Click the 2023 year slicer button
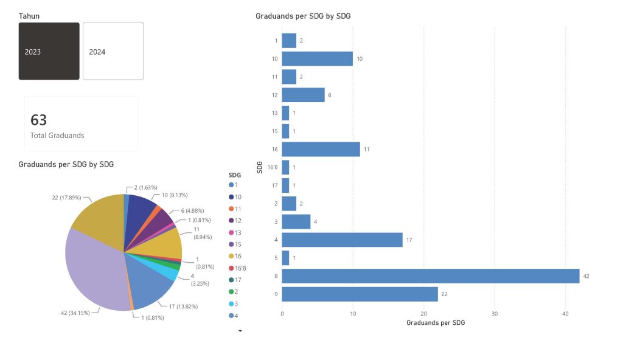(x=49, y=51)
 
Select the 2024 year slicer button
(x=113, y=51)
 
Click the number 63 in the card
(x=39, y=120)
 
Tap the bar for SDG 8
(x=430, y=275)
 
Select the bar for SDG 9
(x=360, y=294)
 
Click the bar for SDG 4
(x=342, y=240)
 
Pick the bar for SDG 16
(x=321, y=149)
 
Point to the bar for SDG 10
(x=317, y=58)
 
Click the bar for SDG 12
(x=303, y=95)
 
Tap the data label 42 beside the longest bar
(x=586, y=276)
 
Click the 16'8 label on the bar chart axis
(x=273, y=167)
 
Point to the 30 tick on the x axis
(x=495, y=314)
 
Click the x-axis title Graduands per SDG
(x=436, y=323)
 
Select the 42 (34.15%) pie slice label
(x=72, y=313)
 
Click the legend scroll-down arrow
(x=240, y=331)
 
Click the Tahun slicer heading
(x=29, y=16)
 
